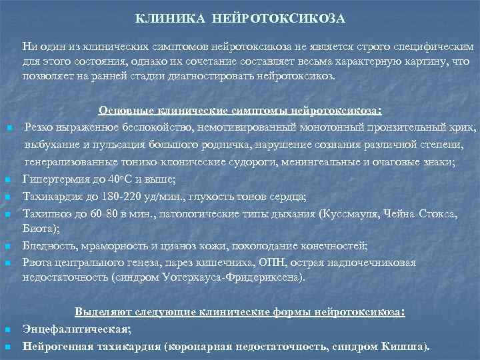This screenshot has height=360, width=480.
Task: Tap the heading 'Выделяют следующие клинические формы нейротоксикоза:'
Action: tap(240, 311)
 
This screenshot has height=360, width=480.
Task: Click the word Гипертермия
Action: tap(54, 179)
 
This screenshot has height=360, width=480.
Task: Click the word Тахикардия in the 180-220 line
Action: tap(49, 196)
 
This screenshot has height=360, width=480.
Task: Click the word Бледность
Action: tap(47, 245)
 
